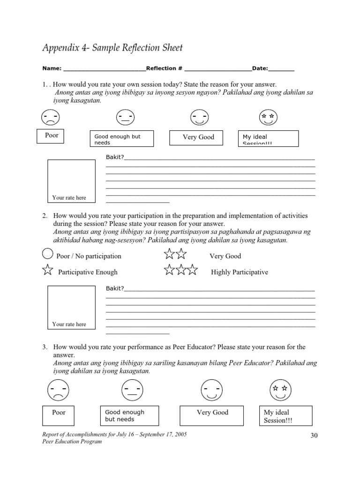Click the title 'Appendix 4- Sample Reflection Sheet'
[112, 48]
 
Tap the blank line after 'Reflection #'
[218, 69]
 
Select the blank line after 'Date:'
[281, 69]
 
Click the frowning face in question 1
[50, 117]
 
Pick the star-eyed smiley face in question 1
[268, 117]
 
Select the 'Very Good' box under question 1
[198, 137]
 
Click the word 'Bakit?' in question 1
[115, 157]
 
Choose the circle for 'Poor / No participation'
[48, 255]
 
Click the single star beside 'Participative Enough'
[48, 270]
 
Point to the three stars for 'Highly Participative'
[180, 270]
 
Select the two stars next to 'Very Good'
[175, 255]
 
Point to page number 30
[314, 435]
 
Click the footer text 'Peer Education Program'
[72, 442]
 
